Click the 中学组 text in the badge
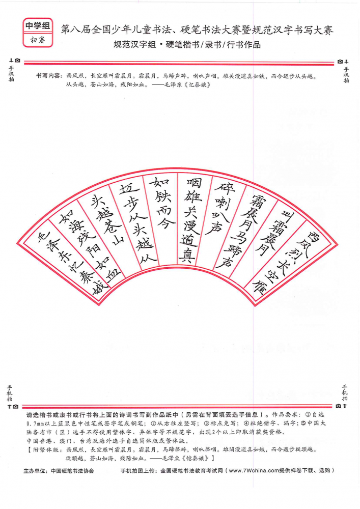(x=38, y=25)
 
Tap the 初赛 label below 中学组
(x=38, y=40)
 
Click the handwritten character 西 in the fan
(x=313, y=236)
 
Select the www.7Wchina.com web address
(x=254, y=470)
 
